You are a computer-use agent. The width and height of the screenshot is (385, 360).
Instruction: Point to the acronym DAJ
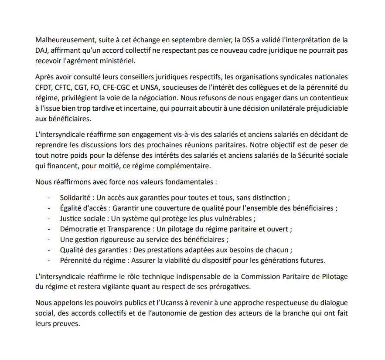point(42,50)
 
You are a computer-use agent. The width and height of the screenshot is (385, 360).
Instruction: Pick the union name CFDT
point(44,87)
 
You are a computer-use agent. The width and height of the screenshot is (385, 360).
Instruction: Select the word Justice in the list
point(71,219)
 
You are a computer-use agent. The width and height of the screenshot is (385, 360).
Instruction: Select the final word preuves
point(66,324)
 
